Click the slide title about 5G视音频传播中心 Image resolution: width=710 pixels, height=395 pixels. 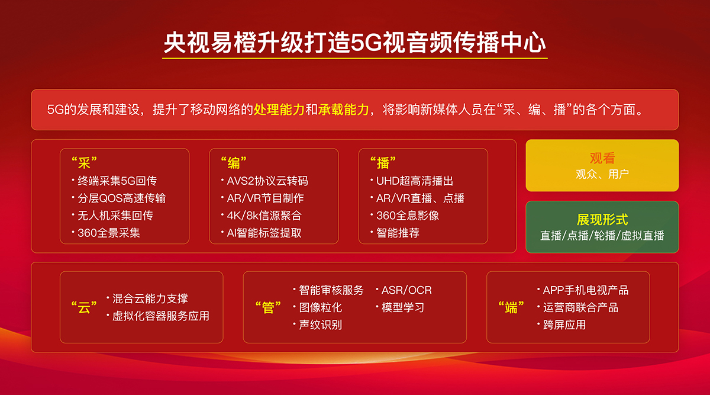pyautogui.click(x=354, y=43)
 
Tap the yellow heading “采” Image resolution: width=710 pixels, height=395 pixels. pyautogui.click(x=84, y=163)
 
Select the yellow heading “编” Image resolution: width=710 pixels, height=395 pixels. pyautogui.click(x=234, y=163)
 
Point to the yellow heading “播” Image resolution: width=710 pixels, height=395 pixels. pyautogui.click(x=383, y=163)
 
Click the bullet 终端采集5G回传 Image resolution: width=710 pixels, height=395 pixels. pyautogui.click(x=117, y=181)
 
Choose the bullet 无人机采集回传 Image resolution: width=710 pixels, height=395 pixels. pyautogui.click(x=115, y=216)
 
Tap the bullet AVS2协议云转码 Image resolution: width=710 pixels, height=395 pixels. pyautogui.click(x=267, y=181)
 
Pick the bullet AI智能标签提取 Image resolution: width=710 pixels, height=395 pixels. pyautogui.click(x=264, y=233)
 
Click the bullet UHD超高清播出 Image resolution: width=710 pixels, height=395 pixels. pyautogui.click(x=415, y=181)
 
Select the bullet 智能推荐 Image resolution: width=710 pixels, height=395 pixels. pyautogui.click(x=398, y=233)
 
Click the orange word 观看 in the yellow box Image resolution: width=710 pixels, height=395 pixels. pyautogui.click(x=602, y=158)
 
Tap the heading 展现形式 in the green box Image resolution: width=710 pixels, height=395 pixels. pyautogui.click(x=602, y=220)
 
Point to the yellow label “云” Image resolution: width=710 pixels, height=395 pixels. pyautogui.click(x=84, y=307)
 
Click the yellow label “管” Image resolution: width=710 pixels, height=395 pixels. pyautogui.click(x=268, y=307)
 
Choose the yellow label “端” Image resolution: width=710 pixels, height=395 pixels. pyautogui.click(x=511, y=307)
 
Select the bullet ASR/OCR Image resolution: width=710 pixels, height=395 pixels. pyautogui.click(x=406, y=290)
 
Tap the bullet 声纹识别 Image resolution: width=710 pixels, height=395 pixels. pyautogui.click(x=320, y=325)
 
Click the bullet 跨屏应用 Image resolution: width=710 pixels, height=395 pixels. pyautogui.click(x=564, y=325)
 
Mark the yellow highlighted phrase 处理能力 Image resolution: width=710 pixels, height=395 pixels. pyautogui.click(x=279, y=110)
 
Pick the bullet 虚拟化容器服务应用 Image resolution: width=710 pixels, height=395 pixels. pyautogui.click(x=161, y=316)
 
